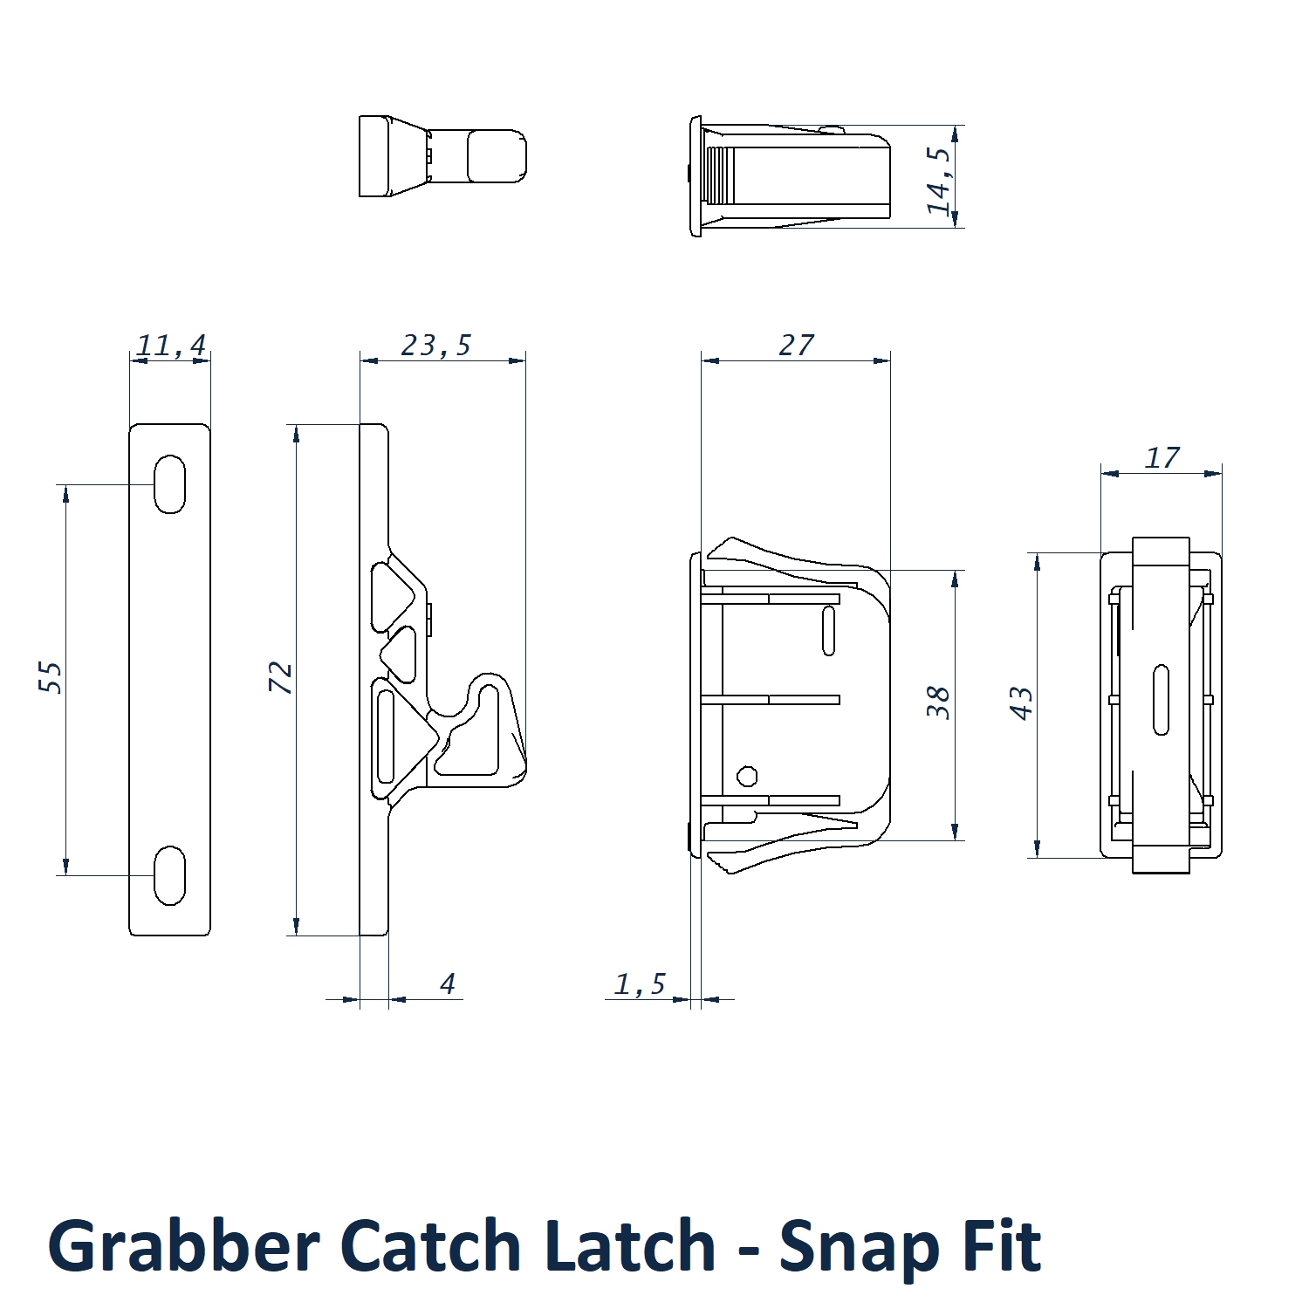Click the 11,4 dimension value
(171, 346)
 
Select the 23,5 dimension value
(436, 346)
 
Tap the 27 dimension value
(796, 346)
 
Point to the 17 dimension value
(1162, 458)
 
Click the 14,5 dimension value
(939, 181)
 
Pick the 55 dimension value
(51, 678)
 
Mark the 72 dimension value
(281, 678)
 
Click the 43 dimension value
(1022, 703)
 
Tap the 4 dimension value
(448, 984)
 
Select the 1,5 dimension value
(640, 984)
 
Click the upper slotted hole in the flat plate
(169, 483)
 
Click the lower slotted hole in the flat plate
(169, 875)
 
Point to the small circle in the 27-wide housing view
(747, 776)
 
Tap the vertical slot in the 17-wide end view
(1161, 699)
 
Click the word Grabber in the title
(183, 1246)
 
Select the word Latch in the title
(630, 1246)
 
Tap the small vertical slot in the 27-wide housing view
(828, 630)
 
